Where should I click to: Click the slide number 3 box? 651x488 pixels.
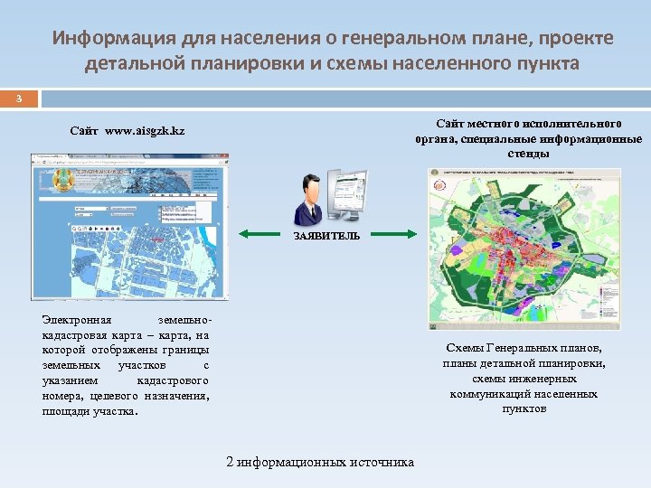click(18, 98)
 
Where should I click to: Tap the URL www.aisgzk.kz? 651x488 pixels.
click(145, 132)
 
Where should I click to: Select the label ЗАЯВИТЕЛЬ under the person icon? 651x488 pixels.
click(325, 236)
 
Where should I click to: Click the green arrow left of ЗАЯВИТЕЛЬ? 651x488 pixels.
click(264, 236)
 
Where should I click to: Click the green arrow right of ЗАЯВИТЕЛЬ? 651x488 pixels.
click(388, 236)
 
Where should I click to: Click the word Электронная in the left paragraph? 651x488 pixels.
click(77, 320)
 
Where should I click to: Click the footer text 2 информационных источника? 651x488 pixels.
click(320, 462)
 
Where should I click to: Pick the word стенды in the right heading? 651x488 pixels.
click(529, 154)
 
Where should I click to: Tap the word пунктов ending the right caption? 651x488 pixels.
click(524, 408)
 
